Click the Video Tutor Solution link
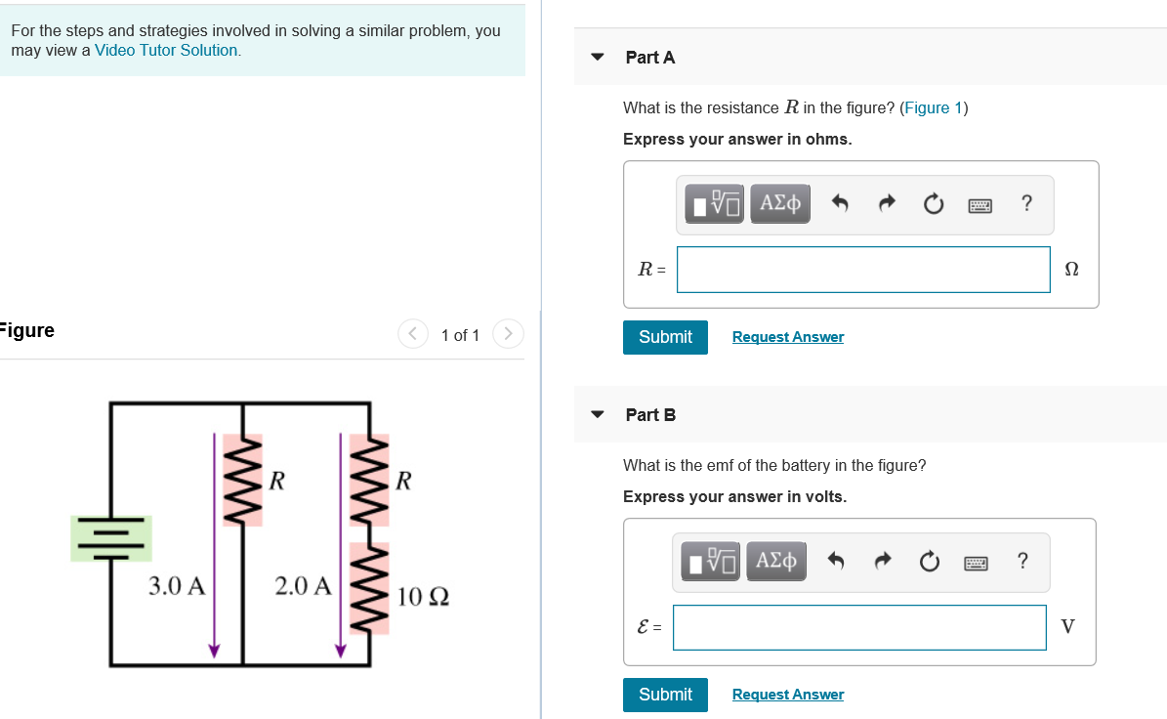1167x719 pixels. coord(166,50)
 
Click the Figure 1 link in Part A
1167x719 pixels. coord(934,107)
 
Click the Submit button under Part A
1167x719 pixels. coord(665,337)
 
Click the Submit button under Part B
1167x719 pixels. coord(665,695)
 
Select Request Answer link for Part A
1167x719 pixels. coord(787,337)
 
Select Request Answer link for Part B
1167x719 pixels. coord(787,695)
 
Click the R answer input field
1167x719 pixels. coord(863,270)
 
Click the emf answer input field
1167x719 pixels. coord(859,627)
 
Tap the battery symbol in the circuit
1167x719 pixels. coord(110,538)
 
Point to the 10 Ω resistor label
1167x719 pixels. coord(423,595)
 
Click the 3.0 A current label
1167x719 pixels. coord(177,586)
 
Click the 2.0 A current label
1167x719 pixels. coord(303,586)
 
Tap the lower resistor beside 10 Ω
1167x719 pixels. coord(369,588)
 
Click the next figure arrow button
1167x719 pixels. coord(508,335)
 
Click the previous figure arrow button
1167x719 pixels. coord(412,335)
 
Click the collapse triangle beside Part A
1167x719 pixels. coord(598,57)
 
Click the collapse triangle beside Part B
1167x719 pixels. coord(598,414)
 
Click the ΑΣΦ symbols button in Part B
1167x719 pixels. coord(776,562)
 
